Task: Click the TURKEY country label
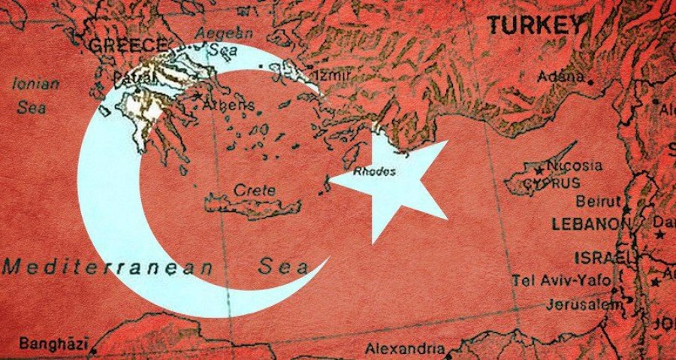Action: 535,25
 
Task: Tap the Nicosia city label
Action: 575,166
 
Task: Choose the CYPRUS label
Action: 554,183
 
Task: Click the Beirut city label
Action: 599,201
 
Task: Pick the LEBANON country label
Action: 590,224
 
